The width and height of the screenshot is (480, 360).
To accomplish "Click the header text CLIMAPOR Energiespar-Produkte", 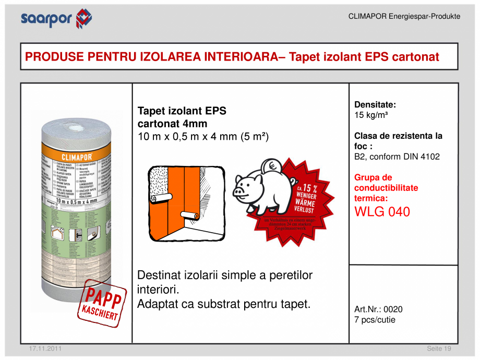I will tap(404, 16).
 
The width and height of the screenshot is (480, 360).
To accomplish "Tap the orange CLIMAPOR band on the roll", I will tap(77, 156).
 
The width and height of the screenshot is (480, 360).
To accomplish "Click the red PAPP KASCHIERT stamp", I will tap(102, 306).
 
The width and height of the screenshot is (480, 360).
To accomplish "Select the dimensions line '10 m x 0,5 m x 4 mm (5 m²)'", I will tap(202, 137).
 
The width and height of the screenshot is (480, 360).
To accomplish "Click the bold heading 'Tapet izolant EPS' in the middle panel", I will tap(182, 111).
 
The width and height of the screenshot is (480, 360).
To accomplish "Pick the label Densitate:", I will tap(375, 104).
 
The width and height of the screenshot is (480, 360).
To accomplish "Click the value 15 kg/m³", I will tap(370, 115).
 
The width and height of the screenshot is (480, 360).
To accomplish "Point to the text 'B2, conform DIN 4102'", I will tap(397, 157).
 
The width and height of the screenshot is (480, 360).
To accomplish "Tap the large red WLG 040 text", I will tap(382, 212).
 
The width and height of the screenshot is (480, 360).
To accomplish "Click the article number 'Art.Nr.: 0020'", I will tap(378, 309).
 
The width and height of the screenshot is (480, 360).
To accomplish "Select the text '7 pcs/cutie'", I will tap(375, 319).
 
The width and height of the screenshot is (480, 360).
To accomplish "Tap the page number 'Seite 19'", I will tap(439, 349).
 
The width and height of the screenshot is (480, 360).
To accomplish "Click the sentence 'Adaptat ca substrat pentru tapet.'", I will tap(223, 304).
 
